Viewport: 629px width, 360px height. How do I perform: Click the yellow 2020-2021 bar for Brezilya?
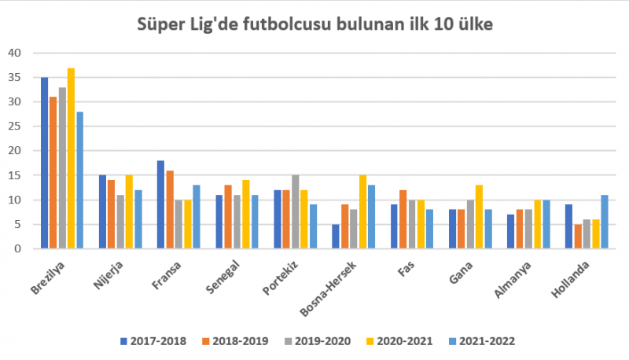coord(71,158)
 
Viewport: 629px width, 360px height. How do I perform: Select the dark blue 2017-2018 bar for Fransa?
coord(160,204)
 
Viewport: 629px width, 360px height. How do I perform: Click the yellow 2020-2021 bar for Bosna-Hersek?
coord(362,211)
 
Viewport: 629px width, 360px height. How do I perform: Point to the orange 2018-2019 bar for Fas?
coord(403,219)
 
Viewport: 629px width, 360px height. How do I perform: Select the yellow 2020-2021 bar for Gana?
coord(479,217)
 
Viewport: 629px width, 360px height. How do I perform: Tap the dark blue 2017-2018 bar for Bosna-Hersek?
coord(336,237)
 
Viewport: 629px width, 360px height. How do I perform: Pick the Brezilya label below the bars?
coord(50,277)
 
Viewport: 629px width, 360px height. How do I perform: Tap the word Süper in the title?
coord(161,24)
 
